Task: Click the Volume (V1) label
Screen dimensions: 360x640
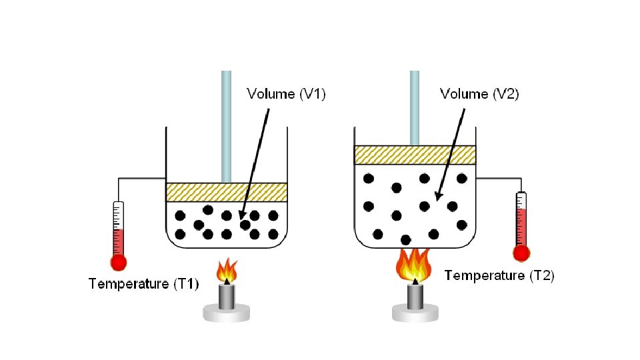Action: [286, 95]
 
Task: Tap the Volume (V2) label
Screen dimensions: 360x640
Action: [479, 95]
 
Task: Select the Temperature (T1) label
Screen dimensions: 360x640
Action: [143, 285]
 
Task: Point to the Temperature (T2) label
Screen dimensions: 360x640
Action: [499, 275]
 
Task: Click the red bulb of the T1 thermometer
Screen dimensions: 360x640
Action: [119, 262]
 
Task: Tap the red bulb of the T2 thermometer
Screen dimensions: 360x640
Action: [521, 253]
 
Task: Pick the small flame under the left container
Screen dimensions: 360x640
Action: [227, 270]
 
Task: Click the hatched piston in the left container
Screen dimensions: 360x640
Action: [227, 192]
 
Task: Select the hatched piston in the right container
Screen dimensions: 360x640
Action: [415, 155]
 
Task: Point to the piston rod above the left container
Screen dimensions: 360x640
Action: [227, 127]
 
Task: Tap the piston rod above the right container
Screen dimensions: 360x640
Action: [415, 107]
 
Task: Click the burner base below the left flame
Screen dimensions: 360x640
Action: [227, 311]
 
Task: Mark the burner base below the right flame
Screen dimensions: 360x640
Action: [415, 312]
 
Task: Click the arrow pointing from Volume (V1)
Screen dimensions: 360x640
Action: [257, 160]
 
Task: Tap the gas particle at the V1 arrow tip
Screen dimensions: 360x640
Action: [245, 225]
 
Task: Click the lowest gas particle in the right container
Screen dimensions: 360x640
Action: [405, 239]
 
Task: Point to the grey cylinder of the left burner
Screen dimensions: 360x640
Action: [227, 295]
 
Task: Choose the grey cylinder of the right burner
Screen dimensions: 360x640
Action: [415, 296]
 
